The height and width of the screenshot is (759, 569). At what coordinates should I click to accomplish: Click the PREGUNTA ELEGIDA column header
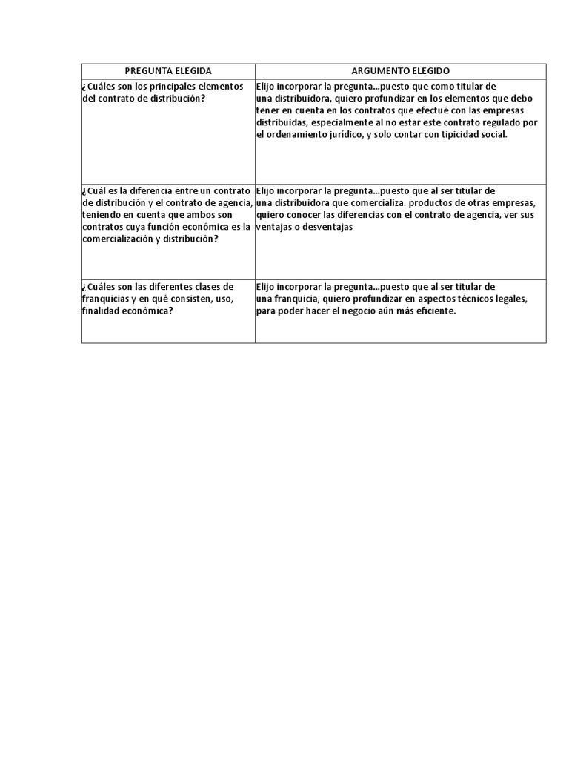coord(168,70)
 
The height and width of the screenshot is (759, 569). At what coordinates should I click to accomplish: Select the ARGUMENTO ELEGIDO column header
coord(400,70)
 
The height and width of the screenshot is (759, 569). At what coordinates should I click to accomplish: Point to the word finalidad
coord(104,311)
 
